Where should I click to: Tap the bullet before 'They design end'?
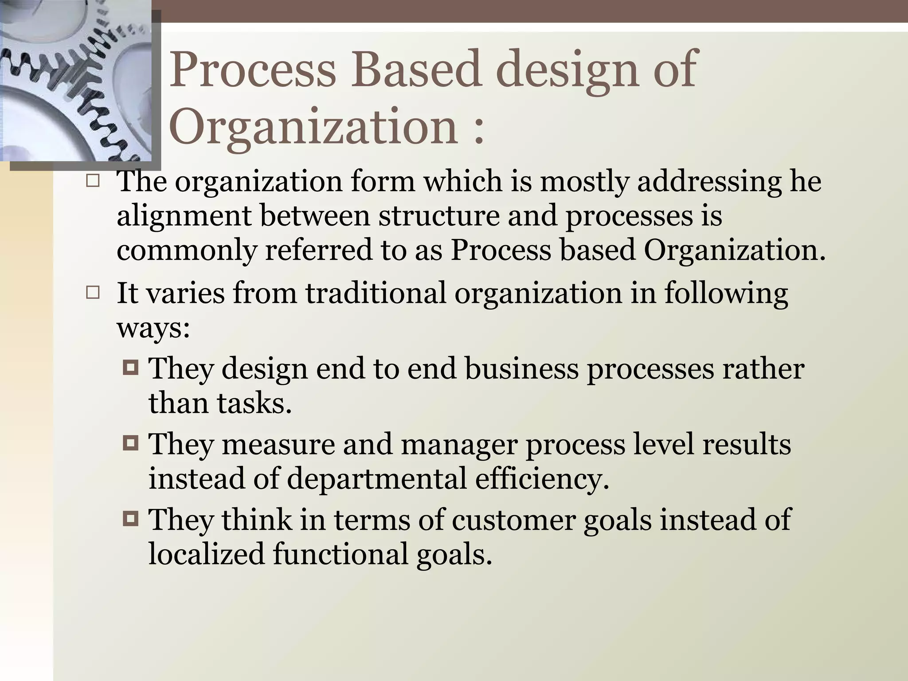tap(131, 368)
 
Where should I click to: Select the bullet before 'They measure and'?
tap(131, 443)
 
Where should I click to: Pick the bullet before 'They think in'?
tap(131, 518)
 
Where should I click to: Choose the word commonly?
tap(186, 251)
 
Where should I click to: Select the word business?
tap(521, 369)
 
